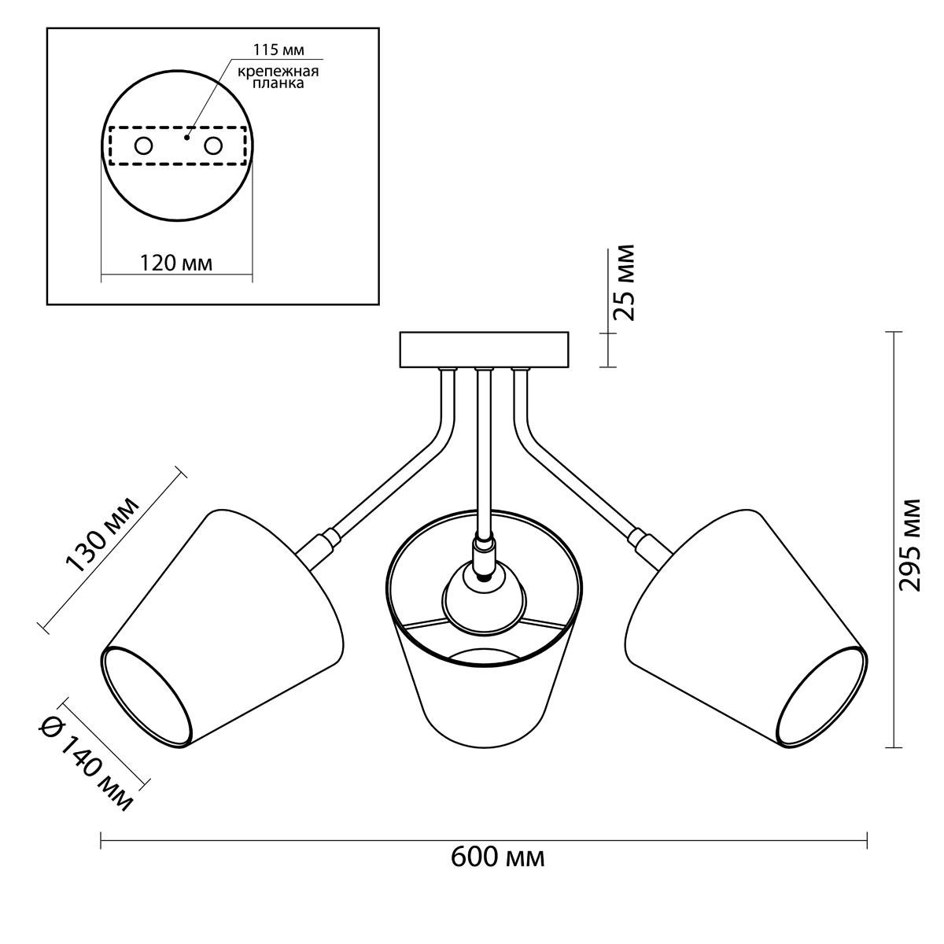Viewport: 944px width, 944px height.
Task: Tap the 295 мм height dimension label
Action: [x=909, y=544]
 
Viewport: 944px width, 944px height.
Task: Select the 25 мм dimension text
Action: [x=624, y=282]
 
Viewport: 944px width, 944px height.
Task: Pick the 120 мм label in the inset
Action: [x=176, y=263]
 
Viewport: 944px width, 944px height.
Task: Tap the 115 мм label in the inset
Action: [x=278, y=50]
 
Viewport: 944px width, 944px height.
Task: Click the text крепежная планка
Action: [x=278, y=77]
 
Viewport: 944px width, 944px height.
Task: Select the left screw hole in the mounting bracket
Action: [x=143, y=146]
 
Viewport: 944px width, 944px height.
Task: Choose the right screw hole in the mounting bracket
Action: [x=213, y=146]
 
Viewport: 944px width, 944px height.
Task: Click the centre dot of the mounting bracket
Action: [x=186, y=138]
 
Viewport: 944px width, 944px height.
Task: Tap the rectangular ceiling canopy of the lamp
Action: [x=484, y=350]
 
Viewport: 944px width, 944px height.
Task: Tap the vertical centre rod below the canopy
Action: [x=484, y=451]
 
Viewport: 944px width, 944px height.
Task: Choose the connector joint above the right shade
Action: [x=647, y=544]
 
